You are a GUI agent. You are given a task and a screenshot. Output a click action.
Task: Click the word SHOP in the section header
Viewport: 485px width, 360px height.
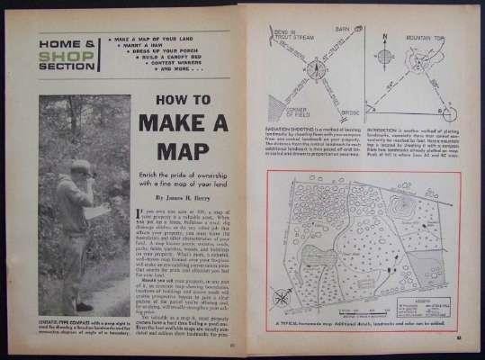64,58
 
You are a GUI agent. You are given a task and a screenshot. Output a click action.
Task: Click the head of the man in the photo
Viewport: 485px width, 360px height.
81,168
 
